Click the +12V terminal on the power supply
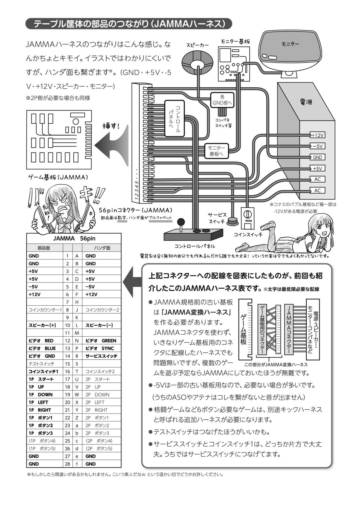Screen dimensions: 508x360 318,135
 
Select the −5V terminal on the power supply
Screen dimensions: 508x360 318,146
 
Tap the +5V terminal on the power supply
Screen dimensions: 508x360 318,169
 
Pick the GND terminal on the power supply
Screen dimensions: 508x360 318,157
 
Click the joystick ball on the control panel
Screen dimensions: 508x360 182,221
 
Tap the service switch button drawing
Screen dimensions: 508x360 233,221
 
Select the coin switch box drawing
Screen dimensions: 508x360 248,218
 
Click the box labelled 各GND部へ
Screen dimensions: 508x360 222,100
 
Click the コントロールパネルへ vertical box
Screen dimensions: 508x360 174,119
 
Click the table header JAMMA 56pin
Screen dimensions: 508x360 74,239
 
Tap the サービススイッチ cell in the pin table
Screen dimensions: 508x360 101,356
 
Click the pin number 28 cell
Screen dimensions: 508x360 67,464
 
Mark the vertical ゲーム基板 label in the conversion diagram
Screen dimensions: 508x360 243,329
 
